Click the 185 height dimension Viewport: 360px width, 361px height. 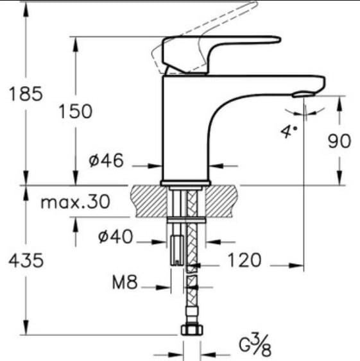(x=26, y=94)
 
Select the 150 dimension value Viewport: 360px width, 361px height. (x=75, y=112)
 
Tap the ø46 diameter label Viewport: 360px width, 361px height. (x=106, y=161)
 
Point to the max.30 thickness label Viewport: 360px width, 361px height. (x=75, y=203)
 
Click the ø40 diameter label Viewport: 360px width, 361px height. (x=116, y=237)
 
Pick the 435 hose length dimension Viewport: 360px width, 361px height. (x=26, y=260)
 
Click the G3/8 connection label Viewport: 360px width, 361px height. (x=255, y=347)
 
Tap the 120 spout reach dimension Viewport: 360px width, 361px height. (x=243, y=260)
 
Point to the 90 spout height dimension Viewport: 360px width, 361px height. (x=339, y=141)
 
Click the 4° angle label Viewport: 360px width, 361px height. (x=289, y=132)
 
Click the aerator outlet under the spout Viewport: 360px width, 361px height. (x=304, y=95)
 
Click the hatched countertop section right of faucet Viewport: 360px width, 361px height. (x=221, y=199)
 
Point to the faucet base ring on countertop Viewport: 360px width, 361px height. (x=185, y=184)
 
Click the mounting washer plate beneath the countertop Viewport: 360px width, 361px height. (x=185, y=219)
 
